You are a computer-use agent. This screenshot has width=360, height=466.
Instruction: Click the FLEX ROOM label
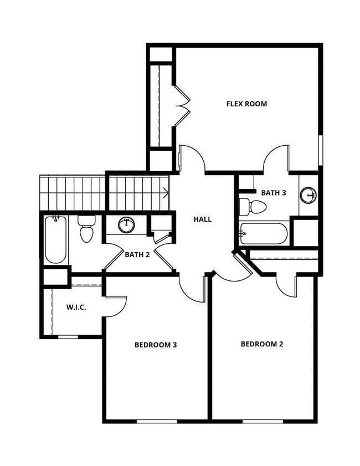(x=246, y=104)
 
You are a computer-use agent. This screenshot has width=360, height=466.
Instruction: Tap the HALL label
(x=202, y=219)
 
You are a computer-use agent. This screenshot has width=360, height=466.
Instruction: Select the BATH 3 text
(x=274, y=193)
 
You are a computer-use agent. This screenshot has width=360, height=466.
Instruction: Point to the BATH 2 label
(x=137, y=255)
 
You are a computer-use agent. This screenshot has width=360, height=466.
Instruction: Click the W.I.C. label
(x=76, y=307)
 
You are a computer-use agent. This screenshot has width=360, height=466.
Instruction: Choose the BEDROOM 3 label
(x=156, y=345)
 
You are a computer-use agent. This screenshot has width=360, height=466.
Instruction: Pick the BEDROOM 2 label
(x=262, y=344)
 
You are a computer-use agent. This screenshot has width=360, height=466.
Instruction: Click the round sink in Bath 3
(x=308, y=195)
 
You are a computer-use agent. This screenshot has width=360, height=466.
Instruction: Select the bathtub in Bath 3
(x=264, y=233)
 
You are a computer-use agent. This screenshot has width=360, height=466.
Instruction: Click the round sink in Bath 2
(x=127, y=225)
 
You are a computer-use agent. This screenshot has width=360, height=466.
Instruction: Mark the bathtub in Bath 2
(x=55, y=239)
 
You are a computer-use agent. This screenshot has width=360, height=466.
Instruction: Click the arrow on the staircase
(x=165, y=193)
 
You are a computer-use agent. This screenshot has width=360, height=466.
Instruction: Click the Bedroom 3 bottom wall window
(x=157, y=421)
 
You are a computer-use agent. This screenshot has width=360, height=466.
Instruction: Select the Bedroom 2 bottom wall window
(x=263, y=421)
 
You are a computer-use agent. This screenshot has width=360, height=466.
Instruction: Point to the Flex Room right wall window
(x=320, y=151)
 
